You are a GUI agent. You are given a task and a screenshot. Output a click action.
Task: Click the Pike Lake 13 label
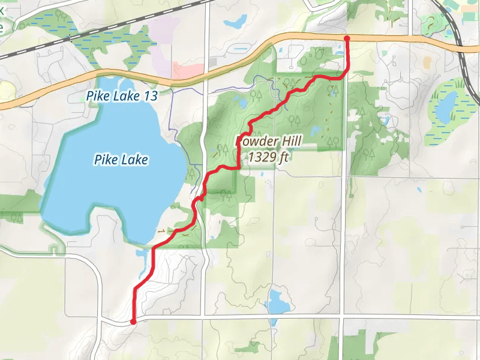coord(122,95)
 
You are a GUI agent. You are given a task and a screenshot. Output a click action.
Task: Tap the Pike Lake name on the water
coord(121,160)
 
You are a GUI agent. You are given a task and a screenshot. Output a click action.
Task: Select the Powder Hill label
coord(269,142)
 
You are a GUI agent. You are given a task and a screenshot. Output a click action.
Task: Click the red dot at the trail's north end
coord(347,39)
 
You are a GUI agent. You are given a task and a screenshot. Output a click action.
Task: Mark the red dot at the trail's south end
coord(133,322)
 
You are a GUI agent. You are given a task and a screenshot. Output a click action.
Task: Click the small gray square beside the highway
coord(212,62)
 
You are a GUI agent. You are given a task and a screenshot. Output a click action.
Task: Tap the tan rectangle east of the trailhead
coord(427,62)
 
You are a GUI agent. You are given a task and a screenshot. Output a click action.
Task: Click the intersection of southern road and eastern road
coord(342,315)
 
